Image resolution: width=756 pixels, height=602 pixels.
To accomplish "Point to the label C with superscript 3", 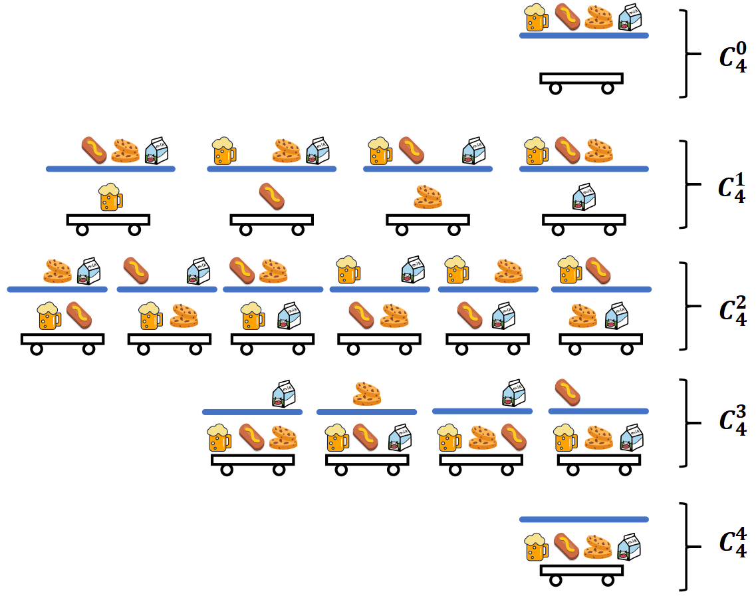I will click(733, 423).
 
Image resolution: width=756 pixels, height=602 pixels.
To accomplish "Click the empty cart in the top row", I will click(581, 81).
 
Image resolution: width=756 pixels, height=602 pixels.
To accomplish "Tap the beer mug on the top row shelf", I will click(536, 18).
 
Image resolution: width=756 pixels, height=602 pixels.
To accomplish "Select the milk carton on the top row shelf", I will click(630, 18).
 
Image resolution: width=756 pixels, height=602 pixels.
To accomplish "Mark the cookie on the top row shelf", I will click(598, 18).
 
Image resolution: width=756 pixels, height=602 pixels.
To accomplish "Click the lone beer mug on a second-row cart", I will click(110, 198).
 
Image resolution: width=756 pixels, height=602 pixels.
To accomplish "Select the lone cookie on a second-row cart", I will click(428, 198).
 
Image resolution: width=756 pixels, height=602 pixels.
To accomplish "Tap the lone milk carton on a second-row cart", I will click(584, 198).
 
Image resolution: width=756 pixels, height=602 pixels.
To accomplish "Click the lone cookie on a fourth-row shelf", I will click(366, 393).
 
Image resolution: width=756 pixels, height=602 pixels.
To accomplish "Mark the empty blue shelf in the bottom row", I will click(583, 519).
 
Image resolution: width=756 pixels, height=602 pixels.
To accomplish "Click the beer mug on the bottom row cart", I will click(536, 547).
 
